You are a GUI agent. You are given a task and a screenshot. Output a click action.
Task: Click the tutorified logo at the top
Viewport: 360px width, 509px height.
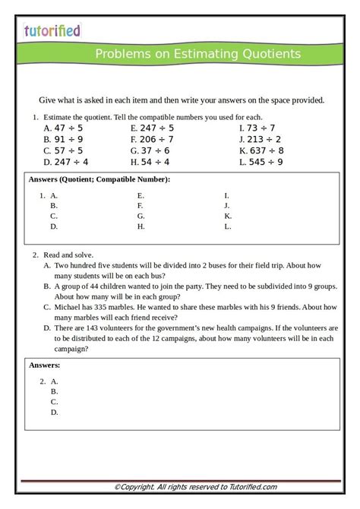tap(52, 31)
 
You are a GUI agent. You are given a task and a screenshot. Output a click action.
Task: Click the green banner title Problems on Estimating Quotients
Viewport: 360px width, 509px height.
tap(197, 54)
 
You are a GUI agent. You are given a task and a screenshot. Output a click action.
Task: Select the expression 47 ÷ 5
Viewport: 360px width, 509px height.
tap(68, 128)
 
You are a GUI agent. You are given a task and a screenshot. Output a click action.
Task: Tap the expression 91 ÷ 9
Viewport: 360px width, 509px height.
tap(68, 140)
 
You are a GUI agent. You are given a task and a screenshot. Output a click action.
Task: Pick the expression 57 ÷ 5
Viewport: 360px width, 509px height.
tap(68, 150)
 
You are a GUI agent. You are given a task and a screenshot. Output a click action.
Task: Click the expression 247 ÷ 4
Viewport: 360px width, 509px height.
tap(71, 162)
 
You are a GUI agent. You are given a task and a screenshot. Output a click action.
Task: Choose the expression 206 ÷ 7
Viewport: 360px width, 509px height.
tap(156, 140)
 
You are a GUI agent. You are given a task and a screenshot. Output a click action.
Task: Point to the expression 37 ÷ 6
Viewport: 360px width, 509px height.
tap(154, 150)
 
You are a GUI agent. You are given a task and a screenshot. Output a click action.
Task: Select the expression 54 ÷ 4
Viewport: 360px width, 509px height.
tap(154, 162)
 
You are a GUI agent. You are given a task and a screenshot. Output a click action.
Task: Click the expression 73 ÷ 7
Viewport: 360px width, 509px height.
tap(260, 128)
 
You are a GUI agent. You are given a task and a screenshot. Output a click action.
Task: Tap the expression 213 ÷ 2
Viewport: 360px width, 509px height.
tap(263, 140)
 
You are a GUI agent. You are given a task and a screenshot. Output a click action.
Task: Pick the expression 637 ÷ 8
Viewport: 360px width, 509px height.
tap(264, 150)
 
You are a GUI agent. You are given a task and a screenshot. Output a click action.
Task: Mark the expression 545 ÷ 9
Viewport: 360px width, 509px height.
tap(264, 162)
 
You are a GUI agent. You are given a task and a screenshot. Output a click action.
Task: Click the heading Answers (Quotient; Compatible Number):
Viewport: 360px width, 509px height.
tap(99, 179)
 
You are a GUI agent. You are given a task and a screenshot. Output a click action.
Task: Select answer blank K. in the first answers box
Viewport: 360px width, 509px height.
tap(228, 217)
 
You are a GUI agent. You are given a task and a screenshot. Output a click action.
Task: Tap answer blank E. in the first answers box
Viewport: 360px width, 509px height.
tap(141, 195)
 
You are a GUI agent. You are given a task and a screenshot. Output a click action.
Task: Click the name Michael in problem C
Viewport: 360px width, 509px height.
tap(69, 308)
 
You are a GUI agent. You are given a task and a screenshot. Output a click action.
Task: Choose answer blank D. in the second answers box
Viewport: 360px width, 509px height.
tap(55, 413)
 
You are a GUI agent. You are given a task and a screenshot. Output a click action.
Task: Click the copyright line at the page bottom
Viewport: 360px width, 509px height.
tap(195, 487)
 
